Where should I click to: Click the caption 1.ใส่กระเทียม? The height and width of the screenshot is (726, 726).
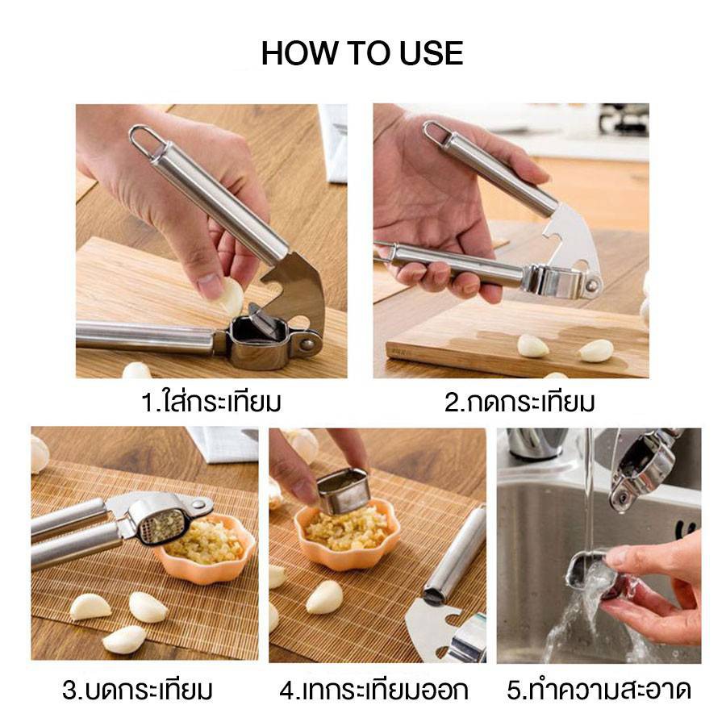click(211, 401)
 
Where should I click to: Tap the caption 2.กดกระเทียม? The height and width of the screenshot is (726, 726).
click(519, 402)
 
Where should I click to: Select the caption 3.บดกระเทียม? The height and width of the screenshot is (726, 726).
click(137, 690)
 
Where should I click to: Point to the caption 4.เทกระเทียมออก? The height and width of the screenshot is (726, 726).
click(373, 690)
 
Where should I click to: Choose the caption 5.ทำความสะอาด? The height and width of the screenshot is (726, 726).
click(599, 690)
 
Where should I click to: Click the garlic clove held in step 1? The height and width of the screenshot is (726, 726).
click(231, 296)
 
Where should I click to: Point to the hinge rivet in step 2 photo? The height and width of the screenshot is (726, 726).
click(591, 283)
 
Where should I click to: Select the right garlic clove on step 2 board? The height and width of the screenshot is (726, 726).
click(596, 351)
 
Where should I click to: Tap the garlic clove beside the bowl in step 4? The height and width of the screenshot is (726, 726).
click(324, 596)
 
